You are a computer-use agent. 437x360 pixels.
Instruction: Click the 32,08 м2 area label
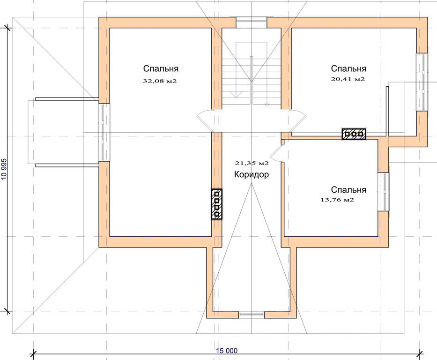160,81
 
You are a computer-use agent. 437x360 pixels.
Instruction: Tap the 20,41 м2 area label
348,79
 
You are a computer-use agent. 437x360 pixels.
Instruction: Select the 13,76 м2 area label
337,200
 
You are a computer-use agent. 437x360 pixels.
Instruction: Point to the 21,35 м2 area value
252,163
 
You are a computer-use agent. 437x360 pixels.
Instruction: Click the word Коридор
252,174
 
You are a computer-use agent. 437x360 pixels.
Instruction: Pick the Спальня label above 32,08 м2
161,68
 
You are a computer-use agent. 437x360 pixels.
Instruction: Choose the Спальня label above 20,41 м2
348,68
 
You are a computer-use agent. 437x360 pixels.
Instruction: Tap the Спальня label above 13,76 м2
348,190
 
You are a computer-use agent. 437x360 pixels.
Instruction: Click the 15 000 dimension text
227,351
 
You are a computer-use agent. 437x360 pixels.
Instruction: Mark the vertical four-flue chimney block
216,204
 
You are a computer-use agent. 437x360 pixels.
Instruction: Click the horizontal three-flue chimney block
354,134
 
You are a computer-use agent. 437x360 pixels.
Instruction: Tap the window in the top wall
252,22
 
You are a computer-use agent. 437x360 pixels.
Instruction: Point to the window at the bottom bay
252,315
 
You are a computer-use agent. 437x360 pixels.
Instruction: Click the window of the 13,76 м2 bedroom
383,192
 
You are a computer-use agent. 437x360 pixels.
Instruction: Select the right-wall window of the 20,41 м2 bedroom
422,82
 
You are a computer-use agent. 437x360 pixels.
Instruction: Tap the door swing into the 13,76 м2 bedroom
276,153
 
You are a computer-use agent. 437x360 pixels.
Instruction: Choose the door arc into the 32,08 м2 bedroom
204,120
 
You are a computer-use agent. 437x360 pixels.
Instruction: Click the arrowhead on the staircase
237,95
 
